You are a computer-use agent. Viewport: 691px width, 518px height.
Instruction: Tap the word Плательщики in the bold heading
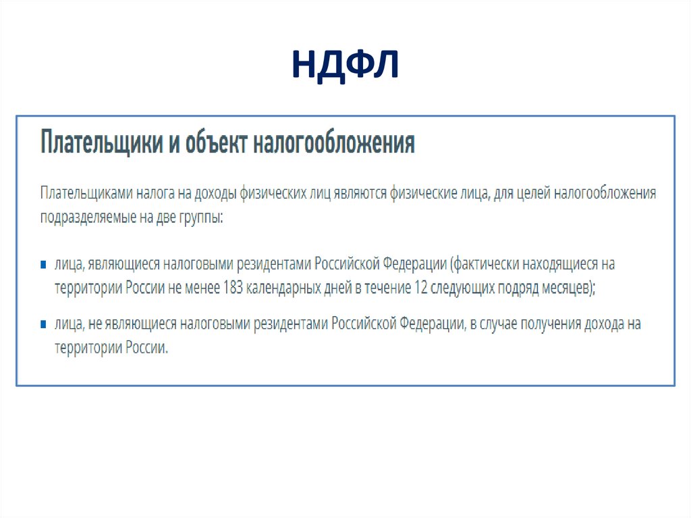[102, 143]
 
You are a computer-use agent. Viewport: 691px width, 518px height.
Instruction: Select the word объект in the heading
[216, 143]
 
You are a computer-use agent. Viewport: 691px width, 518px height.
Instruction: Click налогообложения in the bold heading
[334, 143]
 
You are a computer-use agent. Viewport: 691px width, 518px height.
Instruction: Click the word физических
[271, 193]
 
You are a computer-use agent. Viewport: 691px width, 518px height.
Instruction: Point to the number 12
[422, 287]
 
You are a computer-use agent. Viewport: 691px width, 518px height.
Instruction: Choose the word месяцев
[567, 287]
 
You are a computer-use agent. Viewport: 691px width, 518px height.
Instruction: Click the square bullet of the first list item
[43, 263]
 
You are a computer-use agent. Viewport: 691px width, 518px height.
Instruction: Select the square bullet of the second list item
[43, 324]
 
